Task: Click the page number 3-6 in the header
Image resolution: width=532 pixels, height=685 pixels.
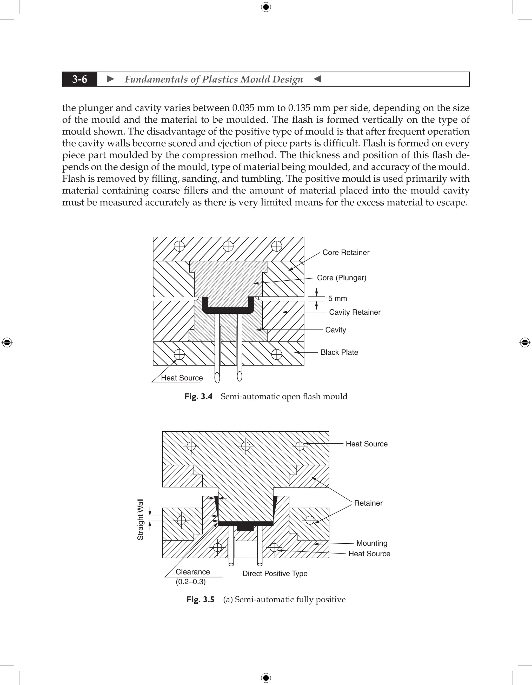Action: (x=80, y=79)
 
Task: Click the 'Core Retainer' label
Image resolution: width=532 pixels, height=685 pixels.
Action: (x=346, y=253)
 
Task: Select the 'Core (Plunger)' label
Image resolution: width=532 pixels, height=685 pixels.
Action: (x=341, y=278)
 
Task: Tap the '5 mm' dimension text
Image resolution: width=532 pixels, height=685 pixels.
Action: (x=337, y=299)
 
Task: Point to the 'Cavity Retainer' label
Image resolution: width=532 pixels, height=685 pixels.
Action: (x=355, y=312)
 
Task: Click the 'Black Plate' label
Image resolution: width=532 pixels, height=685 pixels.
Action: (x=339, y=353)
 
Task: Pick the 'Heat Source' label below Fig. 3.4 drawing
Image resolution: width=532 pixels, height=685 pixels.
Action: (x=182, y=378)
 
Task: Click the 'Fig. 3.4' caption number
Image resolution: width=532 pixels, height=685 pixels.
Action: (x=198, y=397)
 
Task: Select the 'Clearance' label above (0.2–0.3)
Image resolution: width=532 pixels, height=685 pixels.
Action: (x=192, y=572)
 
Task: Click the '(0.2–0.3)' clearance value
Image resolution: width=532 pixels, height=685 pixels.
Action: (x=191, y=582)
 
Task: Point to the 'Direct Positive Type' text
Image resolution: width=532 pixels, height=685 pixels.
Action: (x=275, y=574)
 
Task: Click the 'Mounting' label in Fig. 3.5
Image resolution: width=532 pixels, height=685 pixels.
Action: (x=372, y=543)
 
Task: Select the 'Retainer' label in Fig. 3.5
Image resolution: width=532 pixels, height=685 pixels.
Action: (x=368, y=503)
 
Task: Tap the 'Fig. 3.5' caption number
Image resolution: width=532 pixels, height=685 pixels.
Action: (x=200, y=600)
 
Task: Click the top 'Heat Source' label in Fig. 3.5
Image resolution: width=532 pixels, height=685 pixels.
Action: (x=367, y=444)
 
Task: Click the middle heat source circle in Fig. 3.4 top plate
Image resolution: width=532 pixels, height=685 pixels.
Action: (x=228, y=246)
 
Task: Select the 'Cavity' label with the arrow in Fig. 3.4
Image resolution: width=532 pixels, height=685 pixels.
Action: (x=335, y=330)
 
